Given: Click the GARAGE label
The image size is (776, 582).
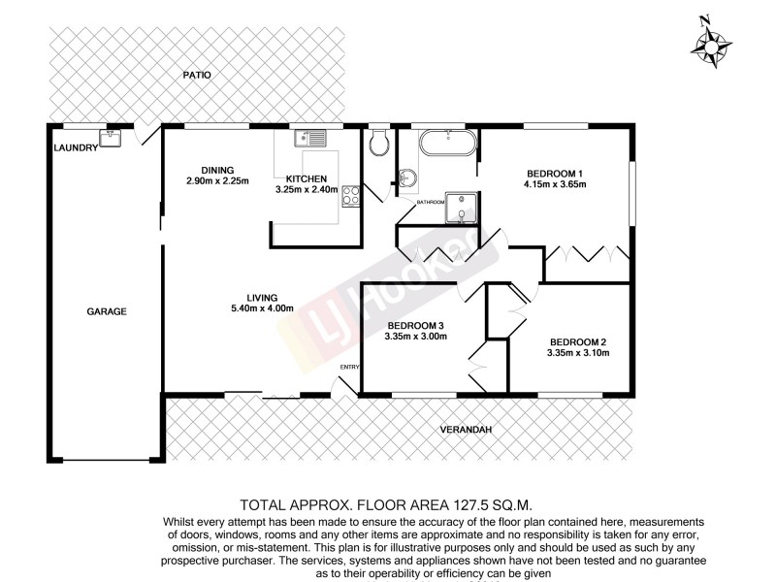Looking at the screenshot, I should click(x=108, y=311).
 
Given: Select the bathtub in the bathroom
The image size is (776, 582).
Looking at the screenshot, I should click(x=447, y=145).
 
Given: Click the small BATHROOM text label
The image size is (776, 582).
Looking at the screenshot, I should click(x=430, y=202).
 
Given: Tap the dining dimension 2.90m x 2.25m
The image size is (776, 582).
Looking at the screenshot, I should click(x=218, y=180).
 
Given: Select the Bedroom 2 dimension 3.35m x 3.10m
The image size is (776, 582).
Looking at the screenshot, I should click(x=577, y=353).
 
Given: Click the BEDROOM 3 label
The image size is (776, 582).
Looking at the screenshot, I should click(x=414, y=325).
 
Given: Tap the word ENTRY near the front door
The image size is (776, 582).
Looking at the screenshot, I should click(x=349, y=367).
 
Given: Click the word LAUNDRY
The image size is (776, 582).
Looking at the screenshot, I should click(x=76, y=147).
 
